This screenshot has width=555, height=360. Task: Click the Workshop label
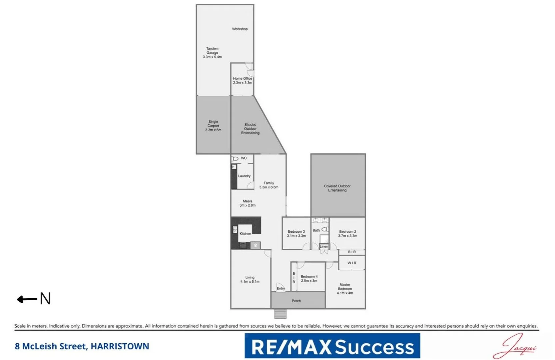click(240, 29)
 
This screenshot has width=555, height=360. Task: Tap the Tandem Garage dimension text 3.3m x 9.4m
click(212, 57)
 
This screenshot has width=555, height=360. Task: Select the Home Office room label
click(243, 79)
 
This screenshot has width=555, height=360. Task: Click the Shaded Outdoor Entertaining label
click(250, 129)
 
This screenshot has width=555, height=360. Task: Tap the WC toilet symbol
click(235, 158)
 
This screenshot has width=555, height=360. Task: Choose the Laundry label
click(244, 176)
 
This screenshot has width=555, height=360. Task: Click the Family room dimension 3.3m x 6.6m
click(269, 187)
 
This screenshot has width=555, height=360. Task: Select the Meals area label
click(248, 201)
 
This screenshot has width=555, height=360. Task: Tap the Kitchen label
click(245, 234)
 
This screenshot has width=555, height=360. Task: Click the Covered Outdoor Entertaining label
click(337, 188)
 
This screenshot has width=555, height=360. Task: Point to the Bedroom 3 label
click(296, 231)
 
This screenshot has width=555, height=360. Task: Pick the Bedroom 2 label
click(347, 231)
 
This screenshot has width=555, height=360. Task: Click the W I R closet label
click(352, 263)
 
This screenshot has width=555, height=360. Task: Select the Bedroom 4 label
click(309, 277)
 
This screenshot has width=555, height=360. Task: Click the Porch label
click(296, 301)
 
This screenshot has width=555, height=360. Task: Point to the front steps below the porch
click(280, 314)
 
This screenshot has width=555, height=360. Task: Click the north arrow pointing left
click(27, 299)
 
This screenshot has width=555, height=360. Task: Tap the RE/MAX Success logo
click(332, 346)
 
